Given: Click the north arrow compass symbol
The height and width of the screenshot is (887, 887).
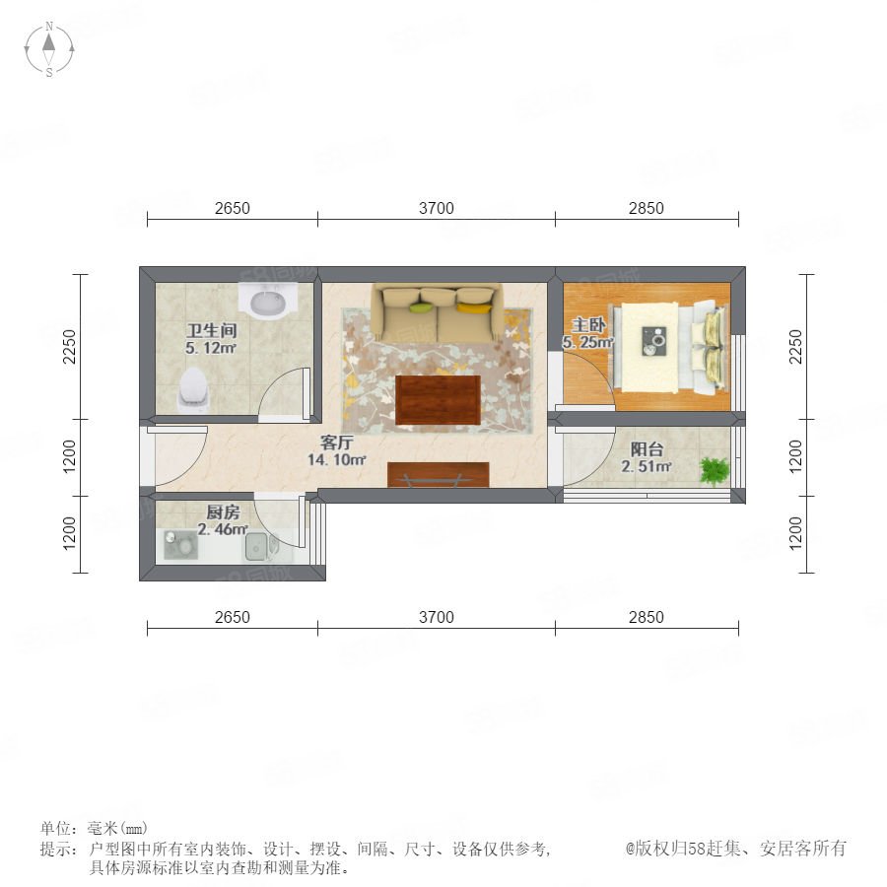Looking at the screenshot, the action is click(49, 48).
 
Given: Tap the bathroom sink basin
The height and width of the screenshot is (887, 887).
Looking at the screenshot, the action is click(267, 302).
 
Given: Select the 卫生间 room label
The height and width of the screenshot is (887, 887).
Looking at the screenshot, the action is click(211, 330).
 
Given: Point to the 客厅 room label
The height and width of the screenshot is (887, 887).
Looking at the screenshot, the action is click(336, 442).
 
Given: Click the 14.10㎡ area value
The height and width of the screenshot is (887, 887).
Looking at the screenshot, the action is click(336, 460).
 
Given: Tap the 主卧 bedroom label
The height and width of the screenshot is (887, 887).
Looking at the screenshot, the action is click(588, 324).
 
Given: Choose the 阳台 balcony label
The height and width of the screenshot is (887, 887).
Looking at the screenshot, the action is click(646, 449).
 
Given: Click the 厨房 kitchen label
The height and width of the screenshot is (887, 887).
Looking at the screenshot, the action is click(223, 512).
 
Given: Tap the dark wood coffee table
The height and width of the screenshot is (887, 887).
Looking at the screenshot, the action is click(438, 399).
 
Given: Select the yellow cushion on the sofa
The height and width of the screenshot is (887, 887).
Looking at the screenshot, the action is click(474, 307).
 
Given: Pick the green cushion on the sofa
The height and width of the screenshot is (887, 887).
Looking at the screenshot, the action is click(421, 307).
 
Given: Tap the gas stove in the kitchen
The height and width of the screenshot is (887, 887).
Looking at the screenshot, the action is click(180, 545).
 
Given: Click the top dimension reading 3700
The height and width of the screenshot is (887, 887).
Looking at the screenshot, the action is click(437, 208).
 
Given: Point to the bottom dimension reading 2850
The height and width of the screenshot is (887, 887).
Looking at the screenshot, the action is click(646, 617).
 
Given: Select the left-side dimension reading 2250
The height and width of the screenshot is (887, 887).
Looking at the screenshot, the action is click(69, 346).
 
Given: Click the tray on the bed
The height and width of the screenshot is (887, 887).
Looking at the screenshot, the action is click(654, 342).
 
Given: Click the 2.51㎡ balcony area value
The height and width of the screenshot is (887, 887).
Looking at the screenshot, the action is click(646, 467).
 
